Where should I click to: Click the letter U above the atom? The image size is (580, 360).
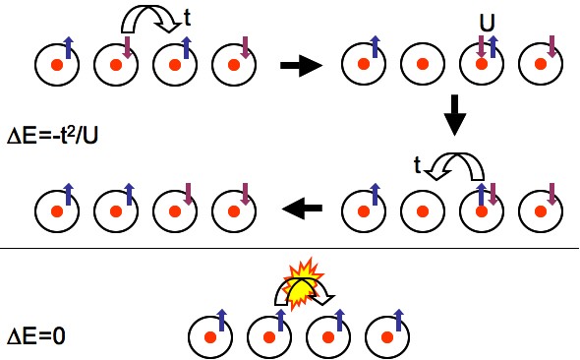pyautogui.click(x=486, y=21)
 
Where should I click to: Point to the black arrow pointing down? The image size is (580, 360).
pyautogui.click(x=454, y=115)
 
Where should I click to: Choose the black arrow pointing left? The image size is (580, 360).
pyautogui.click(x=304, y=208)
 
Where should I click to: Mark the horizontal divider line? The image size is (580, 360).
pyautogui.click(x=289, y=249)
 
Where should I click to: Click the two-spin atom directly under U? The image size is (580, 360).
pyautogui.click(x=482, y=65)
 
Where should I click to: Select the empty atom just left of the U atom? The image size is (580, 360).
pyautogui.click(x=421, y=65)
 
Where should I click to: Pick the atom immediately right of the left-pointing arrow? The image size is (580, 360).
pyautogui.click(x=362, y=210)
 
